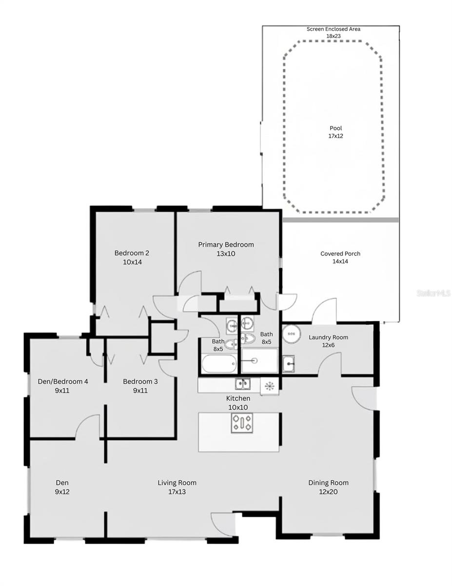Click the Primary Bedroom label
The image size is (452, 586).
pos(226,245)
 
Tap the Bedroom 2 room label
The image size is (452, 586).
pos(132,253)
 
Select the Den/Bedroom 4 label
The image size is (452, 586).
pos(63,381)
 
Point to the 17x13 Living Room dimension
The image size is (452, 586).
pos(177,492)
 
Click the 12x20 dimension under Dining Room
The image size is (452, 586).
pos(328,492)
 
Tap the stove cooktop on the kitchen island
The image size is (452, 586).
pos(242,423)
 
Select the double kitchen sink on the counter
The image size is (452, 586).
pos(242,384)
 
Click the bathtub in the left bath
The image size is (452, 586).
pos(219,364)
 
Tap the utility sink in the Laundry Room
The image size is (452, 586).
pos(288,363)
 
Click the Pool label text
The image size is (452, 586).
pos(335,128)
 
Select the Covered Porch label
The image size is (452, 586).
pos(340,253)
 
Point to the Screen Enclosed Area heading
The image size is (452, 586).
pos(334,29)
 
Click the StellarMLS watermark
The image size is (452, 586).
pos(433,293)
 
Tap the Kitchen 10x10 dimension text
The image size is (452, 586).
pos(239,407)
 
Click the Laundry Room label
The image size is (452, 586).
pos(328,337)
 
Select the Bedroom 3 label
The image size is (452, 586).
pos(140,381)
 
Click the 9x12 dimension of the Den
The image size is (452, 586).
pos(62,492)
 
